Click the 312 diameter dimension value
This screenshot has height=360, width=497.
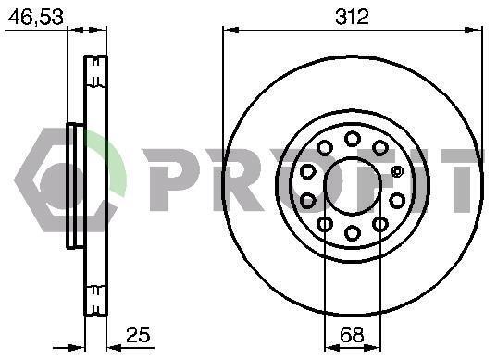(x=352, y=17)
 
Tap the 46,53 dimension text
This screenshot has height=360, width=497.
(x=36, y=17)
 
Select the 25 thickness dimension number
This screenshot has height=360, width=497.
(x=138, y=334)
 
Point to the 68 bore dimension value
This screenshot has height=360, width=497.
(x=352, y=334)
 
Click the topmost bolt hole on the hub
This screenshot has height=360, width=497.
(x=352, y=139)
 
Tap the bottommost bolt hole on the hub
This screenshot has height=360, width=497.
(x=352, y=233)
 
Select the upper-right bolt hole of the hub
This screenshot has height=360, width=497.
(x=380, y=148)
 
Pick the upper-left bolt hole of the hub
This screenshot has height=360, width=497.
(x=325, y=148)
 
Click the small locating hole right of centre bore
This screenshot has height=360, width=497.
(x=396, y=172)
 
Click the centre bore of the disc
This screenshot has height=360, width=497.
(x=352, y=186)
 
